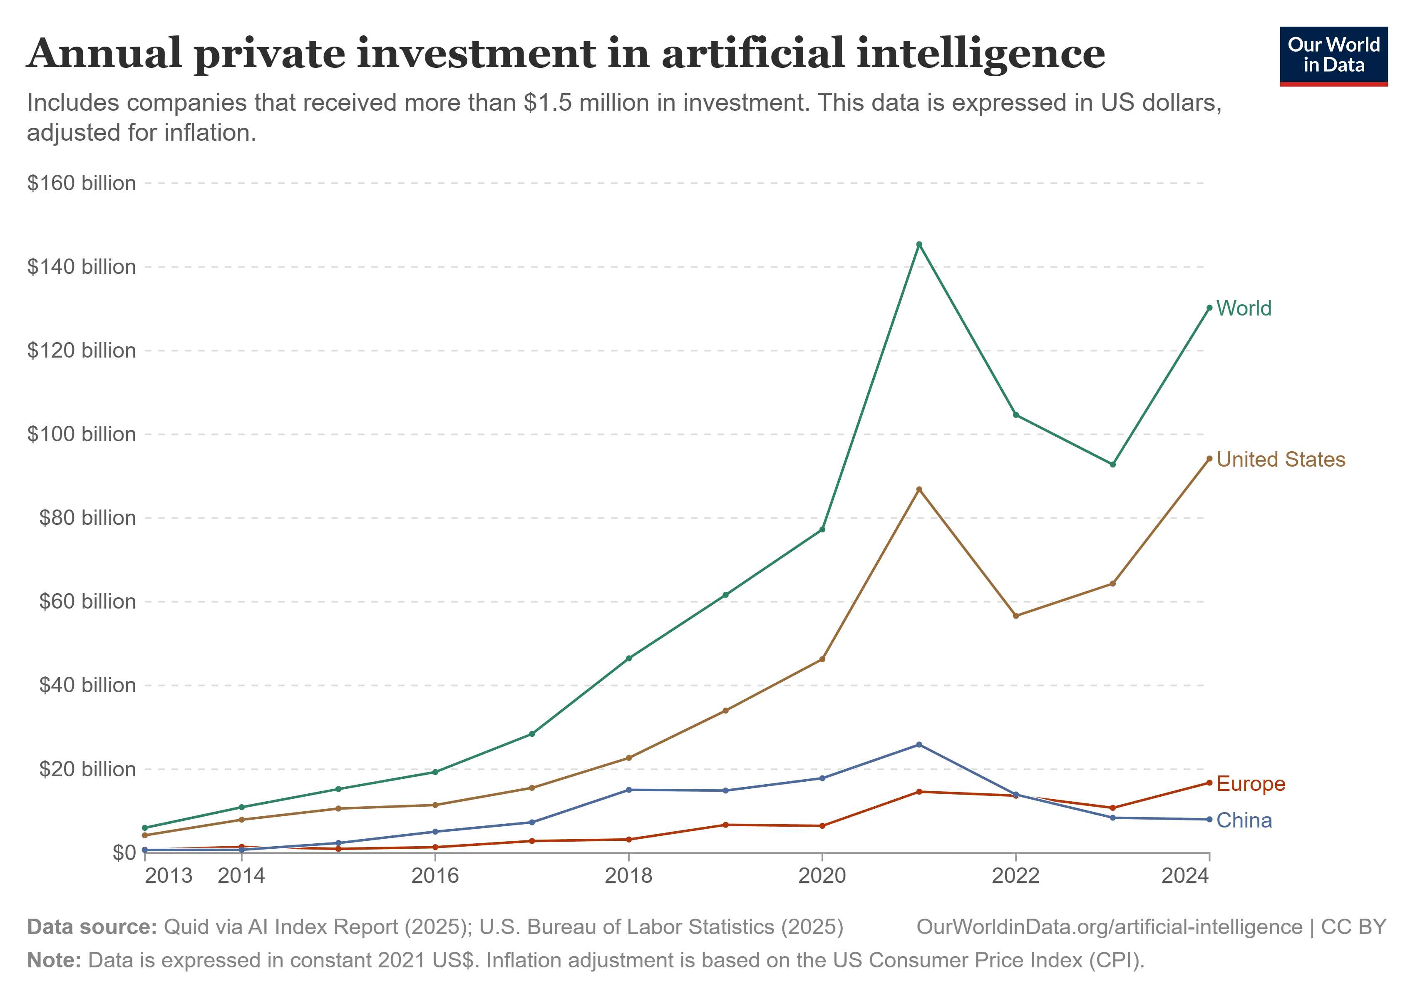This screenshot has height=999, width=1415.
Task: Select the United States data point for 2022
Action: [x=1015, y=616]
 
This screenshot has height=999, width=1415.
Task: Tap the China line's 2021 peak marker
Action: [x=919, y=745]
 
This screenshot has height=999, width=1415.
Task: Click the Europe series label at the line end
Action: [x=1251, y=783]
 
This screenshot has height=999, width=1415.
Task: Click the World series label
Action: [x=1243, y=308]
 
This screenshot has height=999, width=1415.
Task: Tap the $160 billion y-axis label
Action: [x=81, y=183]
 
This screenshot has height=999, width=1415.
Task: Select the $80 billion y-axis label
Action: [x=87, y=518]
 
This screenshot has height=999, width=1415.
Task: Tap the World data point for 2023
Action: [x=1112, y=464]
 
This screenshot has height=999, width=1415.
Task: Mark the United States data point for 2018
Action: [x=628, y=758]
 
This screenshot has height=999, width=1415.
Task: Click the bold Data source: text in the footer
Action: [x=92, y=927]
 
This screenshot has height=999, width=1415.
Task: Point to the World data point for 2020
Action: [x=822, y=529]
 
